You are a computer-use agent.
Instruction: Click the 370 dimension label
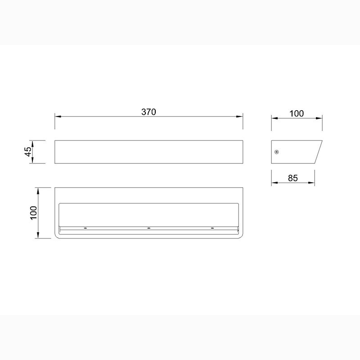[148, 112]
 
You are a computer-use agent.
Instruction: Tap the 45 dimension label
[28, 152]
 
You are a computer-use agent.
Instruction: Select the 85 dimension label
[293, 178]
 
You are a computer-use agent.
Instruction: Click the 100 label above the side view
[297, 113]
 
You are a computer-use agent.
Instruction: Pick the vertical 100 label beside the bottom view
[33, 213]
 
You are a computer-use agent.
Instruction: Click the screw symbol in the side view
[277, 152]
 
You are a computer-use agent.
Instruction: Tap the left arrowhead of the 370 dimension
[58, 117]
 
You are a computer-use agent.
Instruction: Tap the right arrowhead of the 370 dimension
[240, 117]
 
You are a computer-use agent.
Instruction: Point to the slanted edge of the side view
[319, 152]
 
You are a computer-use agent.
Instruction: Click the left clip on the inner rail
[85, 228]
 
